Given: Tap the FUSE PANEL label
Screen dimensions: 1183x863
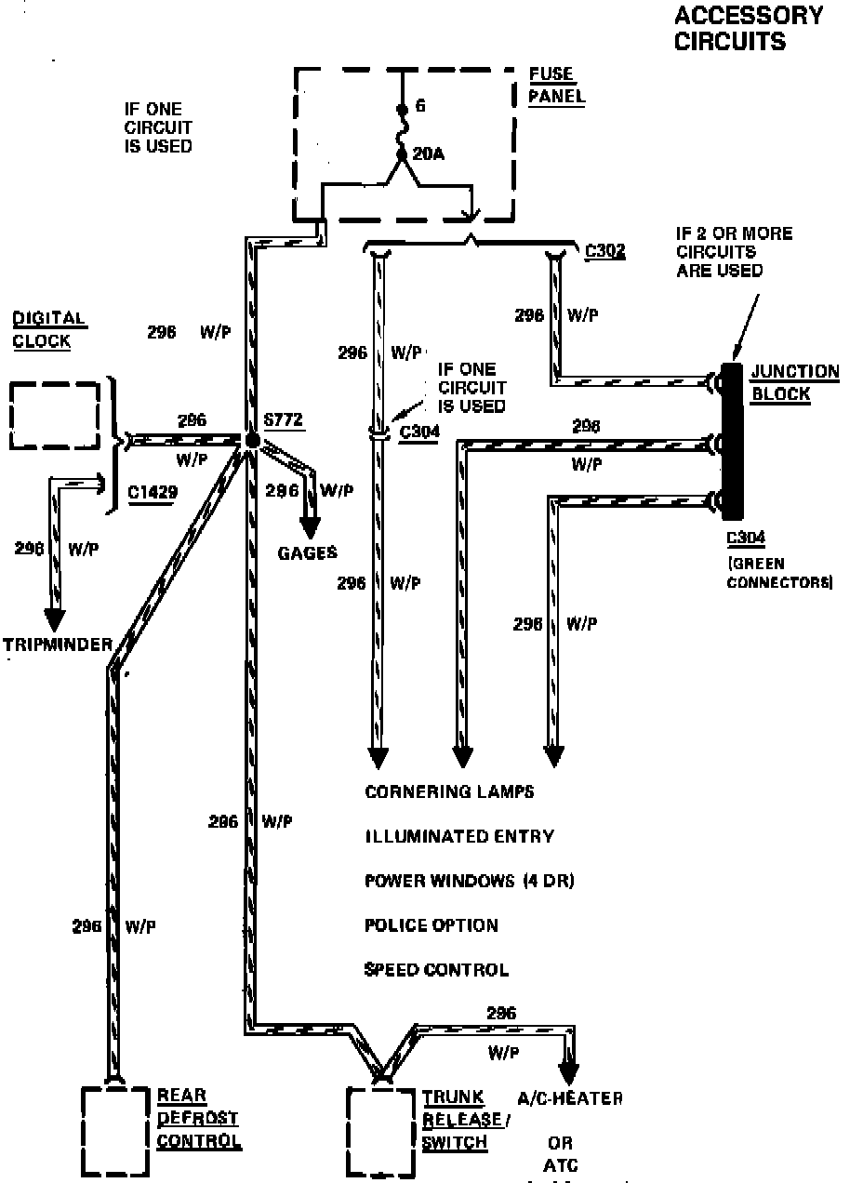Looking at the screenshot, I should [x=556, y=85].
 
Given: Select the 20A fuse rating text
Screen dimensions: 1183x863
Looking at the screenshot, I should [x=428, y=153].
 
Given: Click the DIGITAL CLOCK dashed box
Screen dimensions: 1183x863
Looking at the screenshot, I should [x=55, y=415].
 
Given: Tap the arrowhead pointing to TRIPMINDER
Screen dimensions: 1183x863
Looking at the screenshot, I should [x=55, y=618].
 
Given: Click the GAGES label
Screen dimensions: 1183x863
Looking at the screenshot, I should [x=307, y=553].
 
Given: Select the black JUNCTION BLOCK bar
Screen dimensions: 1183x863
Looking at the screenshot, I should [x=732, y=440].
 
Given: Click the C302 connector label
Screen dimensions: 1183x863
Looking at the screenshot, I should [x=605, y=251].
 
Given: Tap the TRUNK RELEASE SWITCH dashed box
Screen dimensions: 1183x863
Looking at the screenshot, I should [x=380, y=1131].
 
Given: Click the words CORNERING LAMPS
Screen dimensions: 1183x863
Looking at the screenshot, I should [x=449, y=791].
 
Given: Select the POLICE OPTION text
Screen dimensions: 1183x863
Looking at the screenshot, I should [x=431, y=925].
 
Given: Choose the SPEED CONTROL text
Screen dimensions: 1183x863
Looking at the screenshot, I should [x=436, y=970].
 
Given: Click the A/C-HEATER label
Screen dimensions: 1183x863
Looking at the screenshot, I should [x=569, y=1098].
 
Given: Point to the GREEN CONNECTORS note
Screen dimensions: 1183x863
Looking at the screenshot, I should [x=779, y=574].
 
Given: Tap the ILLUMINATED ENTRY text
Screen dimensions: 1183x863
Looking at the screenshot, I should [x=458, y=836].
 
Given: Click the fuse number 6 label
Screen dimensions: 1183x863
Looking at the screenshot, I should [x=420, y=107].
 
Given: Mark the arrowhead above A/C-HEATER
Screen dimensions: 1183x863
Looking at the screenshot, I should [x=567, y=1068].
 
